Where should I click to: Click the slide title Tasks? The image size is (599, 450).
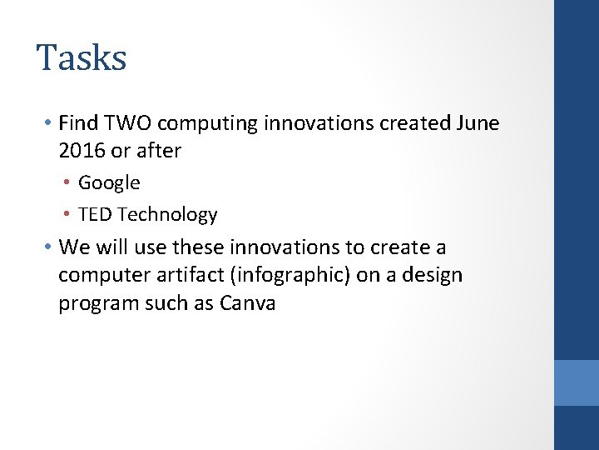point(82,58)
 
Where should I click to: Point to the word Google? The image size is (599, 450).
point(109,182)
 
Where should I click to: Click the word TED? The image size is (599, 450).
point(95,214)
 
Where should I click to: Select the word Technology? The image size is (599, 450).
point(167,215)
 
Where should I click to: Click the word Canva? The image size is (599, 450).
point(247,302)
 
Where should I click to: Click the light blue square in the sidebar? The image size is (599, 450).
point(577,382)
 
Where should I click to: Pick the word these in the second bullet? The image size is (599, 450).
point(199,247)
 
